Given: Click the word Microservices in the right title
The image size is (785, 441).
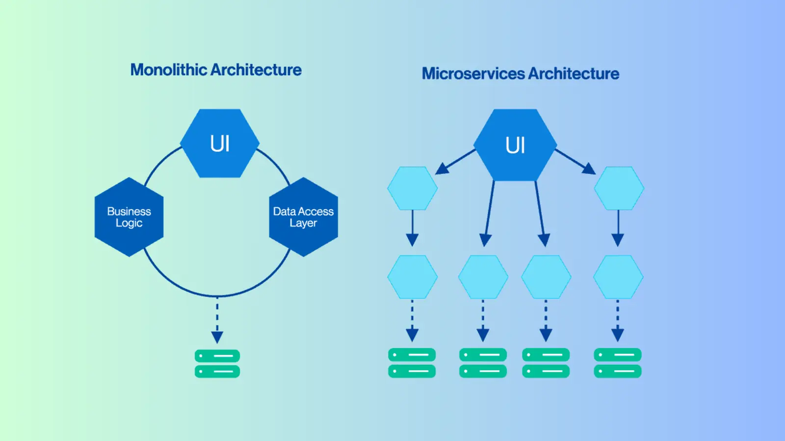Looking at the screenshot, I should tap(473, 74).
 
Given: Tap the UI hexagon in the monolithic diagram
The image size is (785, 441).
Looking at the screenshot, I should tap(220, 144).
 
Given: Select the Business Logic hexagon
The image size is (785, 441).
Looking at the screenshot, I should tap(129, 217).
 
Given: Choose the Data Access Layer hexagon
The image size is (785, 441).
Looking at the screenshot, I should tap(303, 217).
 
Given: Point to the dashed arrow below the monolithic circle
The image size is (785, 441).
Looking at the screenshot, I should tap(217, 321).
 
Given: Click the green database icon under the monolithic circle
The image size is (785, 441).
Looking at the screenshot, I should tap(217, 364).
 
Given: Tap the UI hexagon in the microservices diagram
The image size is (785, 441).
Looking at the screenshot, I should tap(515, 145).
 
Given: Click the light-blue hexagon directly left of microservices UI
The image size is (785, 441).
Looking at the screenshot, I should tap(413, 189).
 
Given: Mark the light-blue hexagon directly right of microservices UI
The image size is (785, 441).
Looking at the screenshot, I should tap(619, 189).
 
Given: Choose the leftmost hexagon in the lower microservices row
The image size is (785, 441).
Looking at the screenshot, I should tap(413, 277).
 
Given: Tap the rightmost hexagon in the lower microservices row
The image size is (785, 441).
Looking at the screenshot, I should tap(618, 277).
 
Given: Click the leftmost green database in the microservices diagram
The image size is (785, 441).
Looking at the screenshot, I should tap(412, 363).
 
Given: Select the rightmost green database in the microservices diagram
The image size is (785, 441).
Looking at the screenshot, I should tap(618, 363).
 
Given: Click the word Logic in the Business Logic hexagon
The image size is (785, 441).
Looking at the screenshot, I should tap(129, 223).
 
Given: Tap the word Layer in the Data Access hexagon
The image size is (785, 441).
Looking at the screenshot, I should tap(303, 223).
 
